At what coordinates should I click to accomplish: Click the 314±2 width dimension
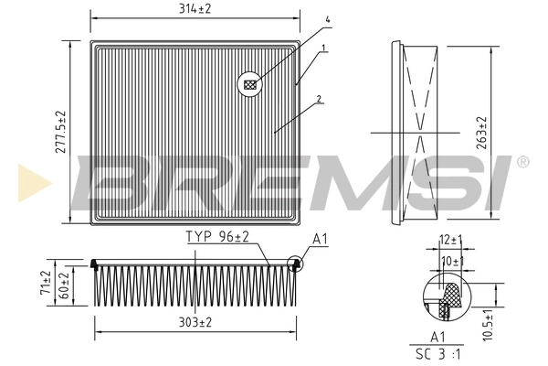coord(195,8)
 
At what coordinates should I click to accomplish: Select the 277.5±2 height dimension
coord(61,131)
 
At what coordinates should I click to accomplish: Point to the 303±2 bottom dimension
coord(195,323)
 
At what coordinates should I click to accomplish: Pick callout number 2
coord(319,99)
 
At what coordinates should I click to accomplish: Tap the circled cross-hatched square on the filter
coord(249,85)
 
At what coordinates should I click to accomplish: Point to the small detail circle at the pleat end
coord(295,265)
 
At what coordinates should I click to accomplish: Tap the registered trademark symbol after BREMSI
coord(522,161)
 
